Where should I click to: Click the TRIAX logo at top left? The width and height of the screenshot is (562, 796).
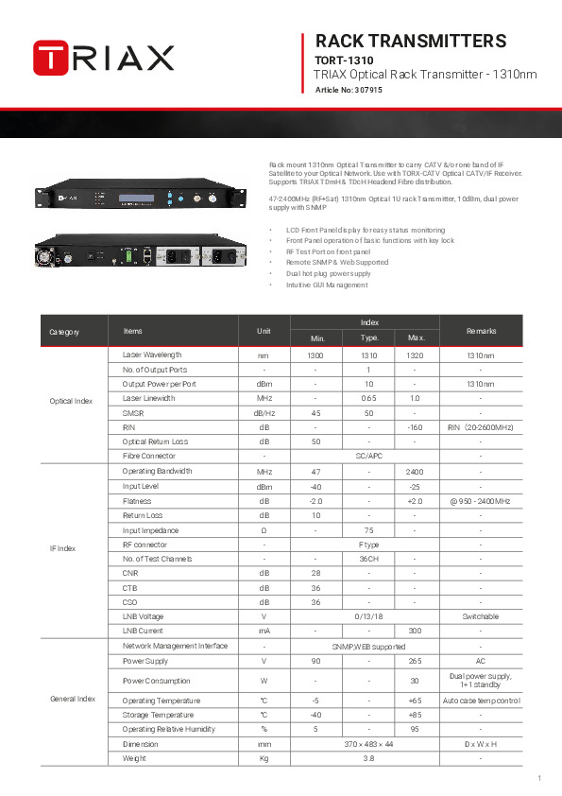point(105,58)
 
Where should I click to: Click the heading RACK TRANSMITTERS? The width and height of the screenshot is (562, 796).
point(410,41)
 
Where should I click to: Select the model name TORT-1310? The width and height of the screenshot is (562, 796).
point(337,61)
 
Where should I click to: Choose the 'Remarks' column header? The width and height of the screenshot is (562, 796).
point(481,331)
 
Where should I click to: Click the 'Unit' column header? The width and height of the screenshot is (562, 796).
point(264,331)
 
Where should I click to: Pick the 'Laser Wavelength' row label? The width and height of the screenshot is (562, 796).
point(152,355)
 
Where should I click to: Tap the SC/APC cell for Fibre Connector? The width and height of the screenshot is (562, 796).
point(369,456)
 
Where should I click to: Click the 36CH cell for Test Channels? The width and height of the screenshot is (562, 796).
point(369,559)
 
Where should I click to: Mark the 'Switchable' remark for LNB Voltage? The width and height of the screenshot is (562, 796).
point(481,616)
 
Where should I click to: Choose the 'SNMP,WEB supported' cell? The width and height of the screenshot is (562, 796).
point(369,646)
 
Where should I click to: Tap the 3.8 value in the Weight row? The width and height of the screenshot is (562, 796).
point(369,758)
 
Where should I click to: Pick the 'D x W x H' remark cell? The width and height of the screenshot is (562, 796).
point(481,744)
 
